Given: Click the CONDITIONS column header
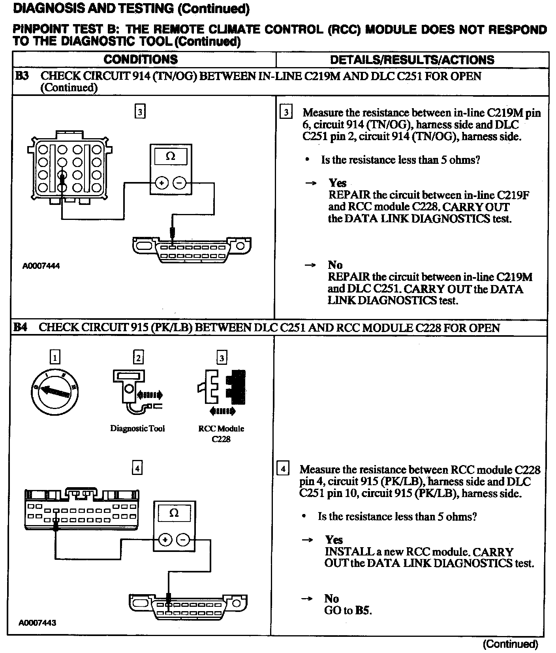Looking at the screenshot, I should tap(141, 60).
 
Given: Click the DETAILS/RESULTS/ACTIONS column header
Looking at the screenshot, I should tap(412, 60).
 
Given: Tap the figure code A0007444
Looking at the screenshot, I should tap(41, 266).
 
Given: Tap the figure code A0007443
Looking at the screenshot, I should tap(38, 623).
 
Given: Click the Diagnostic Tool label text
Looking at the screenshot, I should tap(137, 428).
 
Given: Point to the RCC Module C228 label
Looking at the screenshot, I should tap(221, 433).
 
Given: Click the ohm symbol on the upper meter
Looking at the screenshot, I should tap(171, 156).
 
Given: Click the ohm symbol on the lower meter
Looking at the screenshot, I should tap(174, 513).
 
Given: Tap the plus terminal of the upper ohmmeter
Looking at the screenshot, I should tap(162, 183).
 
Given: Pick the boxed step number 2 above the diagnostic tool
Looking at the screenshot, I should tap(138, 358).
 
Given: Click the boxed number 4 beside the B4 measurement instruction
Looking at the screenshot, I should tap(283, 469).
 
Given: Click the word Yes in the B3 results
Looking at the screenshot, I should tap(338, 183).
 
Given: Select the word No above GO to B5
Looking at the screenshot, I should tap(332, 599).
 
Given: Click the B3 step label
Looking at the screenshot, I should tap(22, 76).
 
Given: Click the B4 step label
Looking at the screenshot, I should tap(21, 327).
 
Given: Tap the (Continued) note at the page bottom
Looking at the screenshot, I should tap(510, 644).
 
